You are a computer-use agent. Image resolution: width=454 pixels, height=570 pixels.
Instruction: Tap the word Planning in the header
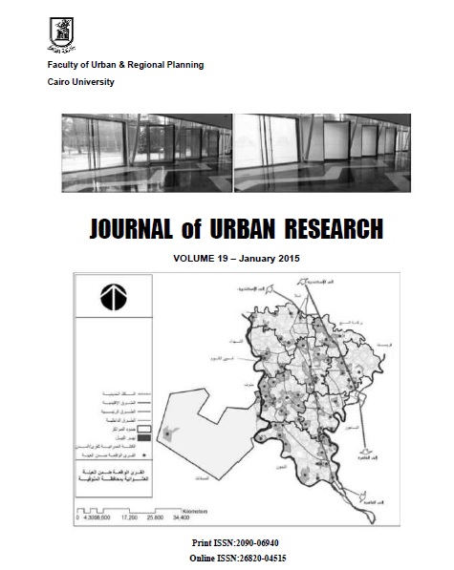pyautogui.click(x=182, y=64)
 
